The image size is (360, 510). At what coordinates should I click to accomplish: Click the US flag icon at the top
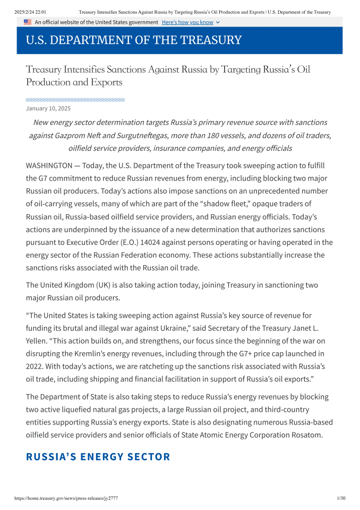(x=28, y=22)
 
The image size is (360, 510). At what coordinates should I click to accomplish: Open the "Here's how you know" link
(x=187, y=22)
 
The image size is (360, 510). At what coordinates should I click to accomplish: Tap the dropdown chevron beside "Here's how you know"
(x=218, y=22)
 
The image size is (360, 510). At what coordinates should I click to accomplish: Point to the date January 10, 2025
(x=48, y=108)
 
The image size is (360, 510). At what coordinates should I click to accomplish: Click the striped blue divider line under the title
(x=75, y=99)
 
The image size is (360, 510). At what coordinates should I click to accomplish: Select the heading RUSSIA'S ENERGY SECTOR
(x=98, y=457)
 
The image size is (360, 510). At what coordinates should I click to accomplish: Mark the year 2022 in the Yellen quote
(x=35, y=367)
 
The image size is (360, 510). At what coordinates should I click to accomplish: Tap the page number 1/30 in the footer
(x=341, y=498)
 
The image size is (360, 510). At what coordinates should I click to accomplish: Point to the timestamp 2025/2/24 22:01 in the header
(x=30, y=12)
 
